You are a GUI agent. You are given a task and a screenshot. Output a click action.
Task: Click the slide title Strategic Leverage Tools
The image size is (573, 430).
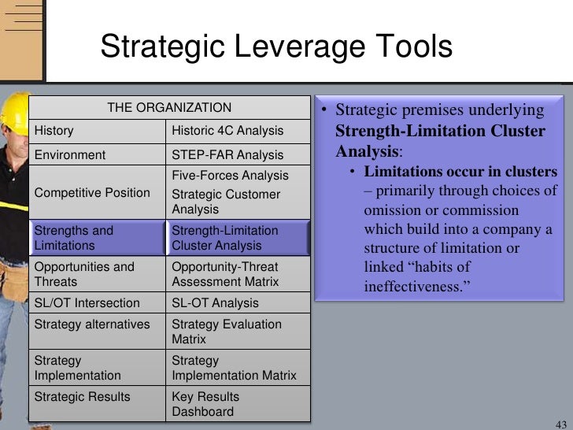click(x=276, y=46)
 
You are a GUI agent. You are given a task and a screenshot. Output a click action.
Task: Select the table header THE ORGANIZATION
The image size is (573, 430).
click(x=169, y=108)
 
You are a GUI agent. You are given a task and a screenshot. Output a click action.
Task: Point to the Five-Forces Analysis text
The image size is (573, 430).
click(x=230, y=176)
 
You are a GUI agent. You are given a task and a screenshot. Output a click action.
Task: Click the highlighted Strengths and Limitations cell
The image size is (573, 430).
click(x=97, y=239)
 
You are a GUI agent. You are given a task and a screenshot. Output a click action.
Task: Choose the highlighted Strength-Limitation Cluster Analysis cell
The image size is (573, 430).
click(x=238, y=239)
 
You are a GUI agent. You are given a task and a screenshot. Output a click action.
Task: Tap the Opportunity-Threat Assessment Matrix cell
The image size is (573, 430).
click(x=238, y=274)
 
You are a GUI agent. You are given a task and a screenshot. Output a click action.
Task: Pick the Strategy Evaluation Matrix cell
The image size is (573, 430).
click(x=238, y=332)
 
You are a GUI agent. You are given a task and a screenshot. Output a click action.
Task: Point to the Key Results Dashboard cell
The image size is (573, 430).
click(x=238, y=404)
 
